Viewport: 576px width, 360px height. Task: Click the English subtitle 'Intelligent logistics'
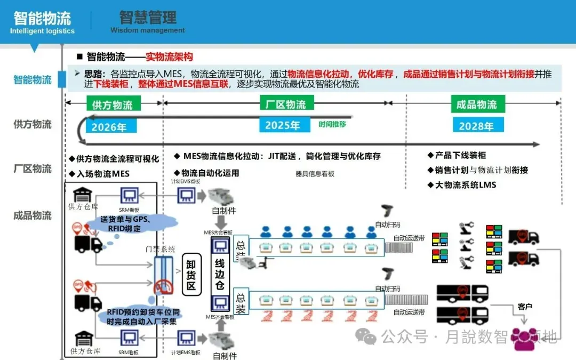pyautogui.click(x=42, y=31)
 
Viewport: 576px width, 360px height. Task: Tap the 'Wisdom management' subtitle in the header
pyautogui.click(x=148, y=30)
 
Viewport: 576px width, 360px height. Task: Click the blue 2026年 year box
pyautogui.click(x=109, y=127)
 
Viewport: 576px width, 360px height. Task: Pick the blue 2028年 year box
pyautogui.click(x=476, y=126)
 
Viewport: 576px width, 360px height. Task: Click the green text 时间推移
pyautogui.click(x=332, y=124)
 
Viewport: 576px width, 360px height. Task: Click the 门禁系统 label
pyautogui.click(x=160, y=249)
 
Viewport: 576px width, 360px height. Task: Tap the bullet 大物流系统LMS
pyautogui.click(x=462, y=185)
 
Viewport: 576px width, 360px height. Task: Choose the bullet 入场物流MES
pyautogui.click(x=99, y=174)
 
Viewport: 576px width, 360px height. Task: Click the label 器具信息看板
pyautogui.click(x=315, y=173)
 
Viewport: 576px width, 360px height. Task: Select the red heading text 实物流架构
pyautogui.click(x=169, y=57)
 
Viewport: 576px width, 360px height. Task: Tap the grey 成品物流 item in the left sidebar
pyautogui.click(x=33, y=215)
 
